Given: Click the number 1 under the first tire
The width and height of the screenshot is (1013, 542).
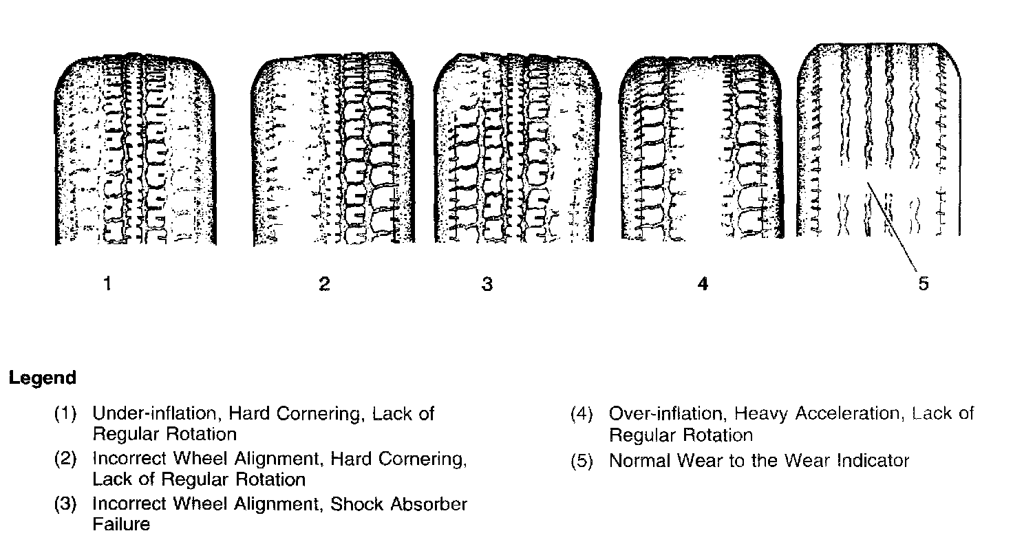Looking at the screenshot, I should click(107, 283).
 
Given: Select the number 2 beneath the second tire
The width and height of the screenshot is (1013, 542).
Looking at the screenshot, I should click(324, 283).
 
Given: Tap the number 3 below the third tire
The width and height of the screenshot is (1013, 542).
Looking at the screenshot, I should click(487, 283).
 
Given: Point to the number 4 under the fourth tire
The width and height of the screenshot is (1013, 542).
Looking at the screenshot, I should click(702, 283).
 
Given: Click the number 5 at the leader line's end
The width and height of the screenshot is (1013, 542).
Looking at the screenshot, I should click(923, 283).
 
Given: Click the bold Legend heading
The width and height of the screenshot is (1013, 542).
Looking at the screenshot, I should click(42, 378).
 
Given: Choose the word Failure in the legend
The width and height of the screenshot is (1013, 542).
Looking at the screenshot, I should click(121, 524).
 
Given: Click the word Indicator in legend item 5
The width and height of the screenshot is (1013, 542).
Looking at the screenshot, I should click(873, 461).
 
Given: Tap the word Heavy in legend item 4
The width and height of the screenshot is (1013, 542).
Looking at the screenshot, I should click(763, 413).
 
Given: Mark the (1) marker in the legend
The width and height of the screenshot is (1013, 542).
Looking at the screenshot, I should click(65, 414).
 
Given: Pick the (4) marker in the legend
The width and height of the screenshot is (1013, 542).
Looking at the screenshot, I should click(582, 414).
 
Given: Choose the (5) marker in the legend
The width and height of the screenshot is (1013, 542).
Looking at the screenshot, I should click(582, 462).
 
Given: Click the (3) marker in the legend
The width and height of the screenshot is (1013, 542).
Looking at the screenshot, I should click(65, 505).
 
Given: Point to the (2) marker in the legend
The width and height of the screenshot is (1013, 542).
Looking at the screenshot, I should click(65, 459).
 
